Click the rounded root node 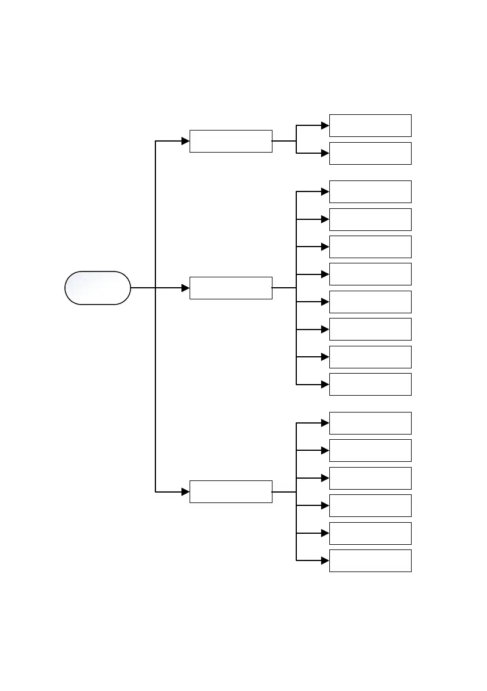pyautogui.click(x=97, y=288)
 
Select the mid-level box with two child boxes pyautogui.click(x=231, y=141)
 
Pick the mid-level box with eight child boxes pyautogui.click(x=231, y=288)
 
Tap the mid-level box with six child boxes pyautogui.click(x=231, y=491)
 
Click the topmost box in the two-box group pyautogui.click(x=370, y=125)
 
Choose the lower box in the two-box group pyautogui.click(x=370, y=153)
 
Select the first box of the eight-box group pyautogui.click(x=370, y=191)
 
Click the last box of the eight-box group pyautogui.click(x=370, y=384)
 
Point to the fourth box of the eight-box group pyautogui.click(x=370, y=274)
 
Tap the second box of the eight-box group pyautogui.click(x=370, y=219)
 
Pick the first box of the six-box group pyautogui.click(x=370, y=423)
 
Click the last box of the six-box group pyautogui.click(x=370, y=560)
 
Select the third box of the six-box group pyautogui.click(x=370, y=478)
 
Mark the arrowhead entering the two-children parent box pyautogui.click(x=186, y=141)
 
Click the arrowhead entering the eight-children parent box pyautogui.click(x=186, y=288)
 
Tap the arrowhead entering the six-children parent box pyautogui.click(x=186, y=491)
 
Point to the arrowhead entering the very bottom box pyautogui.click(x=325, y=560)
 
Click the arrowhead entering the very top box pyautogui.click(x=325, y=125)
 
